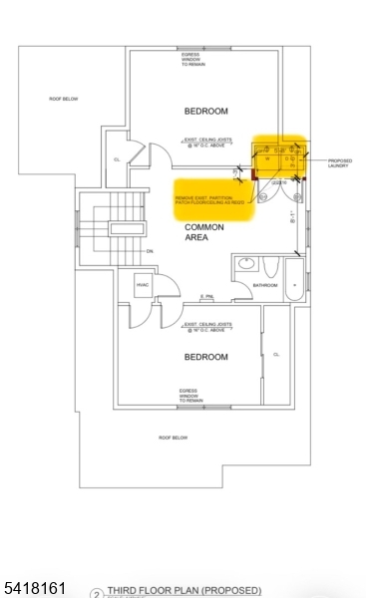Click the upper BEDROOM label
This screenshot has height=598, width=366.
(205, 111)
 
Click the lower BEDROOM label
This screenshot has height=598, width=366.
(205, 357)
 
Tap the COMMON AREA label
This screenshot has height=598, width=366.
(204, 232)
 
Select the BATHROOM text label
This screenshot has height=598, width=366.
(264, 285)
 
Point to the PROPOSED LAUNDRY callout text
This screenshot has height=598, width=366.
(339, 163)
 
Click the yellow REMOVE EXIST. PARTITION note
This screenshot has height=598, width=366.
(213, 200)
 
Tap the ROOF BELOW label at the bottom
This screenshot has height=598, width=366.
(174, 438)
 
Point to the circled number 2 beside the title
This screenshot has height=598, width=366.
(97, 593)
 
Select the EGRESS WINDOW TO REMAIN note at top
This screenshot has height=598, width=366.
(192, 60)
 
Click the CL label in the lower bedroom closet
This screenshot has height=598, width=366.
(275, 354)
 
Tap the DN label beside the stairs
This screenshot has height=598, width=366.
(149, 251)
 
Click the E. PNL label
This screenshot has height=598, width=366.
(207, 296)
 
